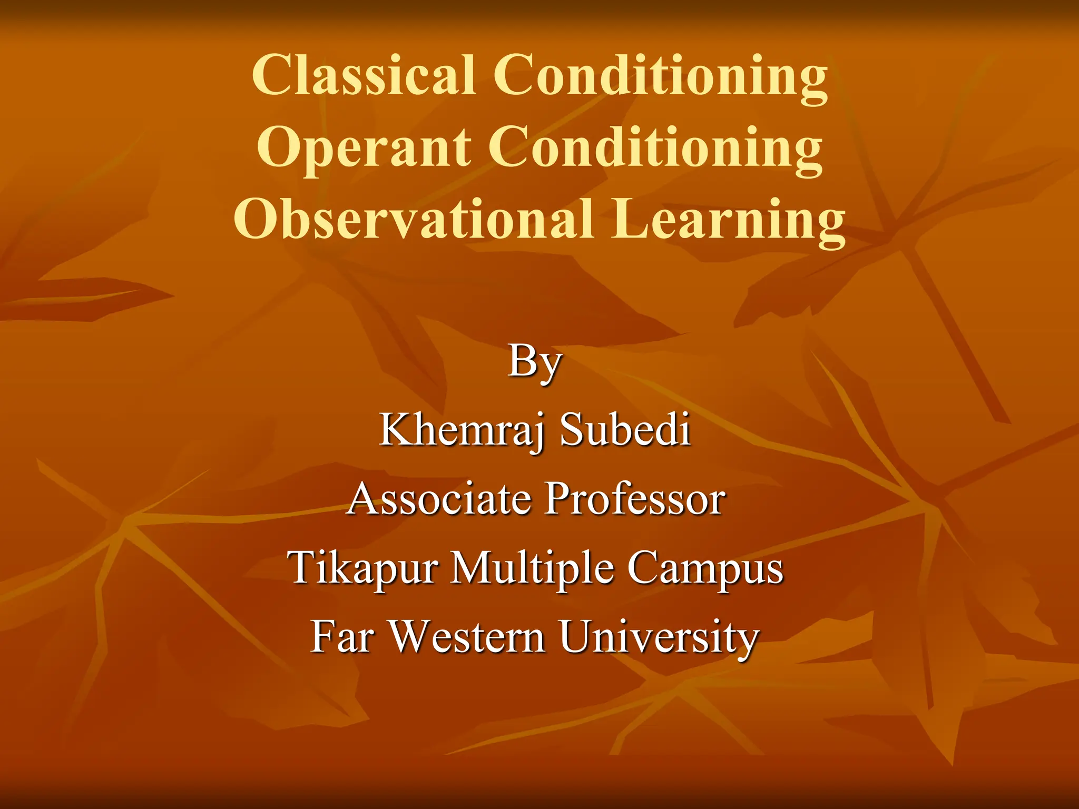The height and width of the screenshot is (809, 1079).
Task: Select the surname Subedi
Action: (625, 430)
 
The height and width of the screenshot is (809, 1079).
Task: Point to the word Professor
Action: (635, 499)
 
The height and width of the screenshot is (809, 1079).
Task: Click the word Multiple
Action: (532, 569)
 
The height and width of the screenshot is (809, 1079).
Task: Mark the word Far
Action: (342, 637)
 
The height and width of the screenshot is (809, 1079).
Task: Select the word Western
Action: (467, 637)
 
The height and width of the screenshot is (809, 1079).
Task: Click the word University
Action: (659, 638)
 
